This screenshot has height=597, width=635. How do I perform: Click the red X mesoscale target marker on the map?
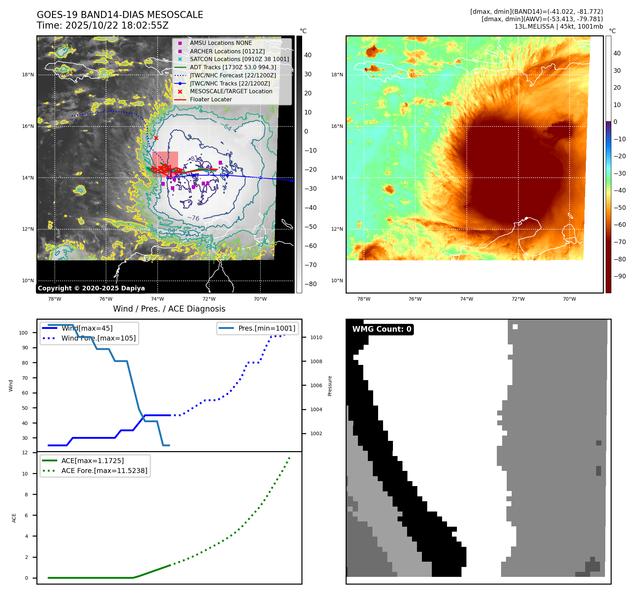156,138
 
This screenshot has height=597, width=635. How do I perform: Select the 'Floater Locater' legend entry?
211,100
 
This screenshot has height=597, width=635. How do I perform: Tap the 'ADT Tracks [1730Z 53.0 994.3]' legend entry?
233,67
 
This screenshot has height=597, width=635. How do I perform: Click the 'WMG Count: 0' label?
382,329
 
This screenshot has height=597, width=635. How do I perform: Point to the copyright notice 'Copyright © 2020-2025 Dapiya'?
91,288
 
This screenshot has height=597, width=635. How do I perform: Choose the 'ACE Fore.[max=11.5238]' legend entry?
104,471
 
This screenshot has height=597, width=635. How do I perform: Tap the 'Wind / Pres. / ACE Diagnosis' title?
169,309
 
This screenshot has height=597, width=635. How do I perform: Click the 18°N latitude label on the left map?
28,75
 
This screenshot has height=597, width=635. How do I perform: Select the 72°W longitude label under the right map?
518,299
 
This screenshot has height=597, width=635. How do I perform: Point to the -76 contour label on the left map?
193,218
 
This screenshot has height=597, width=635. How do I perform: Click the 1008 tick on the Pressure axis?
316,361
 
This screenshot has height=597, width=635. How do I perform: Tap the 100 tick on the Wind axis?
23,333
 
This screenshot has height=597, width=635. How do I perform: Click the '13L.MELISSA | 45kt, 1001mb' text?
558,26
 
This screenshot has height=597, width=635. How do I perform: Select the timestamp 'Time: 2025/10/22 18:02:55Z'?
102,26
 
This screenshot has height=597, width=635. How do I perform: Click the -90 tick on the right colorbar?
619,276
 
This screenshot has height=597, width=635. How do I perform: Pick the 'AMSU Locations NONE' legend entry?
221,43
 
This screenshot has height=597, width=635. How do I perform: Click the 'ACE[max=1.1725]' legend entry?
93,461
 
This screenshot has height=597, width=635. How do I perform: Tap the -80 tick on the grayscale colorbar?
311,284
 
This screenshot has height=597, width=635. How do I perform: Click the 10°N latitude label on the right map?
337,281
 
